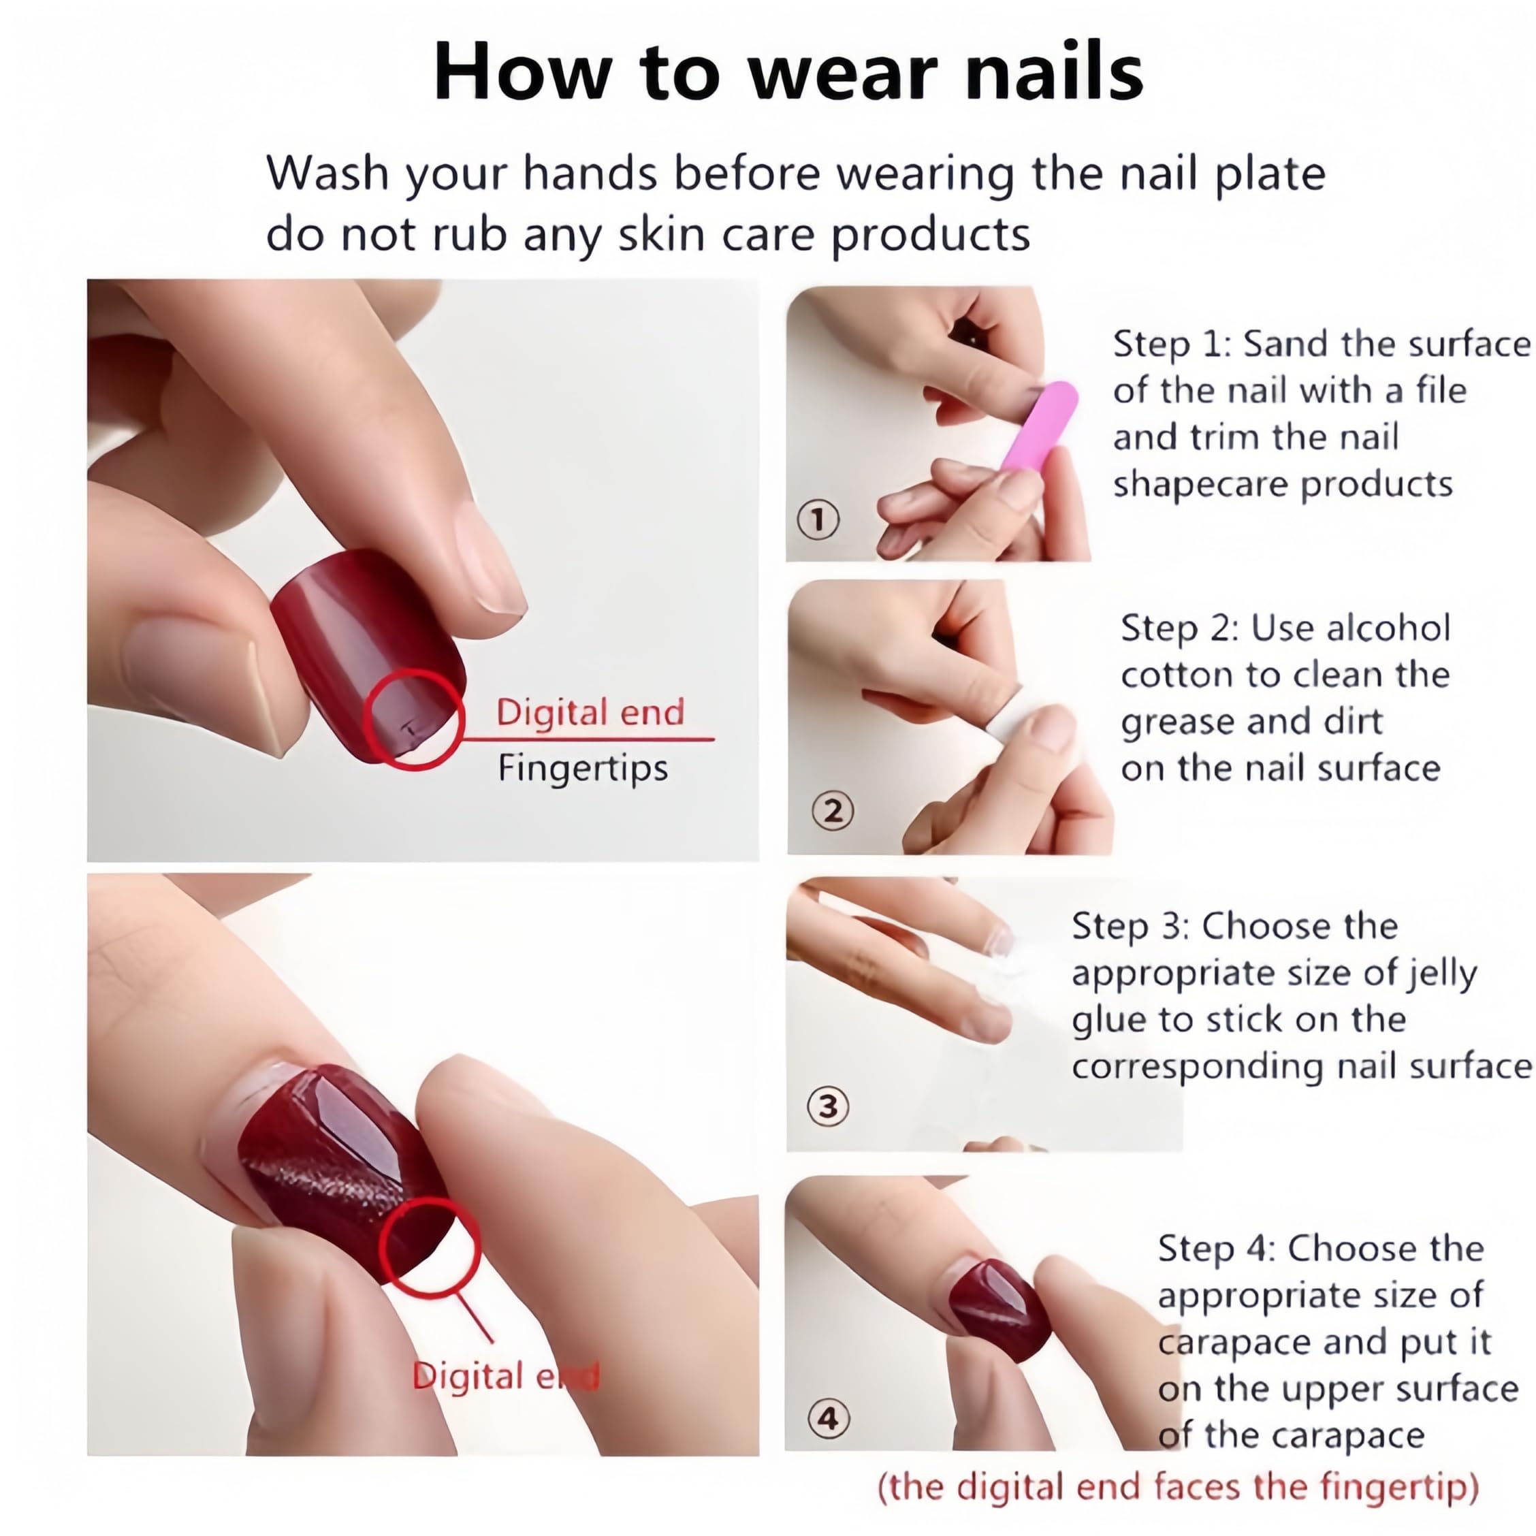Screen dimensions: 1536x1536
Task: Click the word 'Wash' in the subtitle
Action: pyautogui.click(x=327, y=174)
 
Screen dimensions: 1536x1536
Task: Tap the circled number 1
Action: pyautogui.click(x=818, y=521)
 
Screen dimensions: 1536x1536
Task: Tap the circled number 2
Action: pyautogui.click(x=833, y=811)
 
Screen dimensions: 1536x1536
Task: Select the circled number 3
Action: pyautogui.click(x=828, y=1106)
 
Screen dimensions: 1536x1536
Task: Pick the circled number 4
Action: pyautogui.click(x=828, y=1418)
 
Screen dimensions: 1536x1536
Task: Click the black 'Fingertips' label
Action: pyautogui.click(x=583, y=769)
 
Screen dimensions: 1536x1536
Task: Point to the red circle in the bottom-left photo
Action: pyautogui.click(x=430, y=1249)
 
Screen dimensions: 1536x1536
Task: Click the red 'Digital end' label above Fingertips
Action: pyautogui.click(x=590, y=712)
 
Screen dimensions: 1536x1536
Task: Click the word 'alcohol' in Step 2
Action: pyautogui.click(x=1390, y=628)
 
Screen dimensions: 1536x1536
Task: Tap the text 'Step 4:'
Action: pyautogui.click(x=1217, y=1248)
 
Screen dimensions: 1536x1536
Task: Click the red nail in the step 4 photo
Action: pyautogui.click(x=999, y=1308)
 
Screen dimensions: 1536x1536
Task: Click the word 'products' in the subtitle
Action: pyautogui.click(x=930, y=236)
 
